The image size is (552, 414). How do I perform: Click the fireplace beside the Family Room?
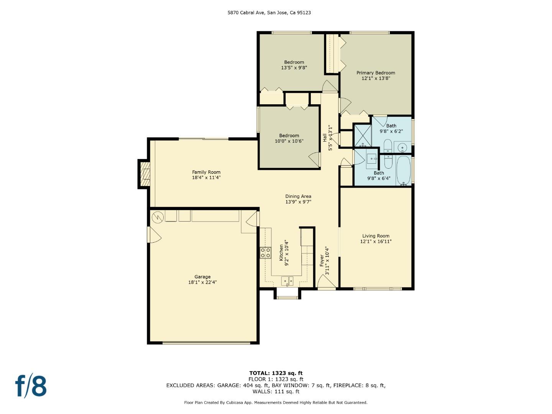pos(144,174)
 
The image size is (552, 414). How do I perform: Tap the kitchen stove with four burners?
pos(266,253)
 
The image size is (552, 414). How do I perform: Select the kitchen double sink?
pos(287,281)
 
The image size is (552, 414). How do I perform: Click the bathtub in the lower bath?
pos(403,171)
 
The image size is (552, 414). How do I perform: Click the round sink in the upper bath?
pos(403,147)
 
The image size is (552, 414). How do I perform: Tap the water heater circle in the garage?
pos(158,217)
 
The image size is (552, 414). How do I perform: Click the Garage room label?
pos(202,277)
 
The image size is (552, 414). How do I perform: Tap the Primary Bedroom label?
pos(376,73)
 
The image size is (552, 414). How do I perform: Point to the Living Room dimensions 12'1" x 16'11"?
pos(376,242)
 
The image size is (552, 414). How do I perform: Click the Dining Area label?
pos(298,196)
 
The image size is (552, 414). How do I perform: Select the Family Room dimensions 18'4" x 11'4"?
pos(206,178)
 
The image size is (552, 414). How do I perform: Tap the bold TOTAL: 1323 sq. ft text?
pos(276,373)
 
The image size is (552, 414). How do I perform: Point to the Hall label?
pos(325,138)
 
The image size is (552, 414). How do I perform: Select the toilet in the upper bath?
pos(388,146)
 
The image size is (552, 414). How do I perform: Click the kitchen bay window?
pos(287,295)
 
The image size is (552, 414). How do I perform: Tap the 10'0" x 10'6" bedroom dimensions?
pos(289,141)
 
